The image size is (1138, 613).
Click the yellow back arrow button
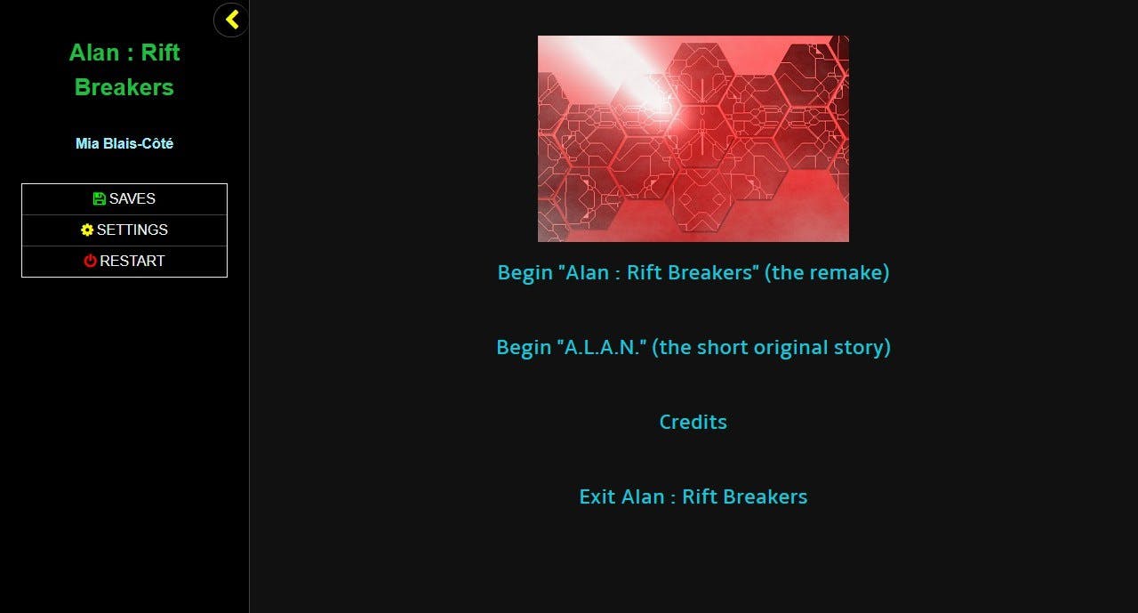pyautogui.click(x=231, y=20)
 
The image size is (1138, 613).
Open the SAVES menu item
pyautogui.click(x=124, y=198)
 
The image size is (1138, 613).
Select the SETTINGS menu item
pyautogui.click(x=124, y=230)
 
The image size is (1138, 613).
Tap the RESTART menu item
pyautogui.click(x=124, y=261)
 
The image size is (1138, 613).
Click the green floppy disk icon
pyautogui.click(x=99, y=198)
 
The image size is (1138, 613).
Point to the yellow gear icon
pyautogui.click(x=87, y=230)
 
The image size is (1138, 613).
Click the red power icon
pyautogui.click(x=90, y=261)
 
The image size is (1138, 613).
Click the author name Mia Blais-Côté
pyautogui.click(x=124, y=143)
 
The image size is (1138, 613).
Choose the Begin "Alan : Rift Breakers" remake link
pyautogui.click(x=693, y=272)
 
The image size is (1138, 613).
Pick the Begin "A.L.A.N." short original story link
pyautogui.click(x=693, y=347)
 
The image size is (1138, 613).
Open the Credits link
pyautogui.click(x=693, y=422)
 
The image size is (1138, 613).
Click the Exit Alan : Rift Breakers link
pyautogui.click(x=693, y=496)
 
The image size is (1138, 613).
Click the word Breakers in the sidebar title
pyautogui.click(x=124, y=87)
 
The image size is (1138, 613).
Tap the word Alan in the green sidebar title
pyautogui.click(x=94, y=52)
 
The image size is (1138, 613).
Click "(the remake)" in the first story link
pyautogui.click(x=827, y=272)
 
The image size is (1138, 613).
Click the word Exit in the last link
pyautogui.click(x=597, y=496)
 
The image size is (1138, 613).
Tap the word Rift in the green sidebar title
pyautogui.click(x=160, y=52)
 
